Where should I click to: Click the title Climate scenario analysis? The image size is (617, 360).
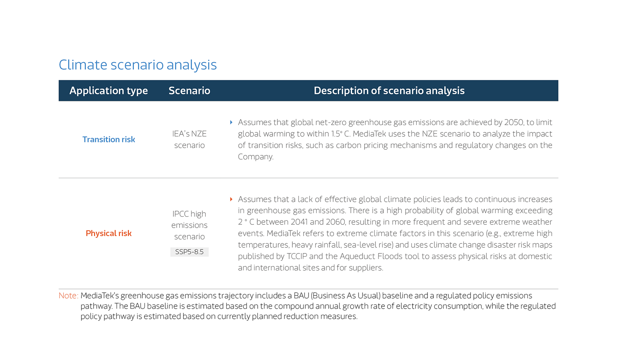138,65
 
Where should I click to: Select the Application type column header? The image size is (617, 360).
108,91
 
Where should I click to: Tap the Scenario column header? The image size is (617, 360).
189,91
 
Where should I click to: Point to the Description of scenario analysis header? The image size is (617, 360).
389,91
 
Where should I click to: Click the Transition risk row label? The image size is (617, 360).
109,140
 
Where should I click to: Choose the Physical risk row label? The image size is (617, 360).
109,234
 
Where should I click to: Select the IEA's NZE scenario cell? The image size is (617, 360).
189,140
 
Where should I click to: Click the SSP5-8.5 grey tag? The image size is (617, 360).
190,252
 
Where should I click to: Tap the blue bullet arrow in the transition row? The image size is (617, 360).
231,122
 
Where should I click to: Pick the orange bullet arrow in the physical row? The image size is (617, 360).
231,199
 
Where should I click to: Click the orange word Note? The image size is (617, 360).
68,296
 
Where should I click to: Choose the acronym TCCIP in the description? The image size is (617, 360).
297,256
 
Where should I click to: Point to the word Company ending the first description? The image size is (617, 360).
256,157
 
